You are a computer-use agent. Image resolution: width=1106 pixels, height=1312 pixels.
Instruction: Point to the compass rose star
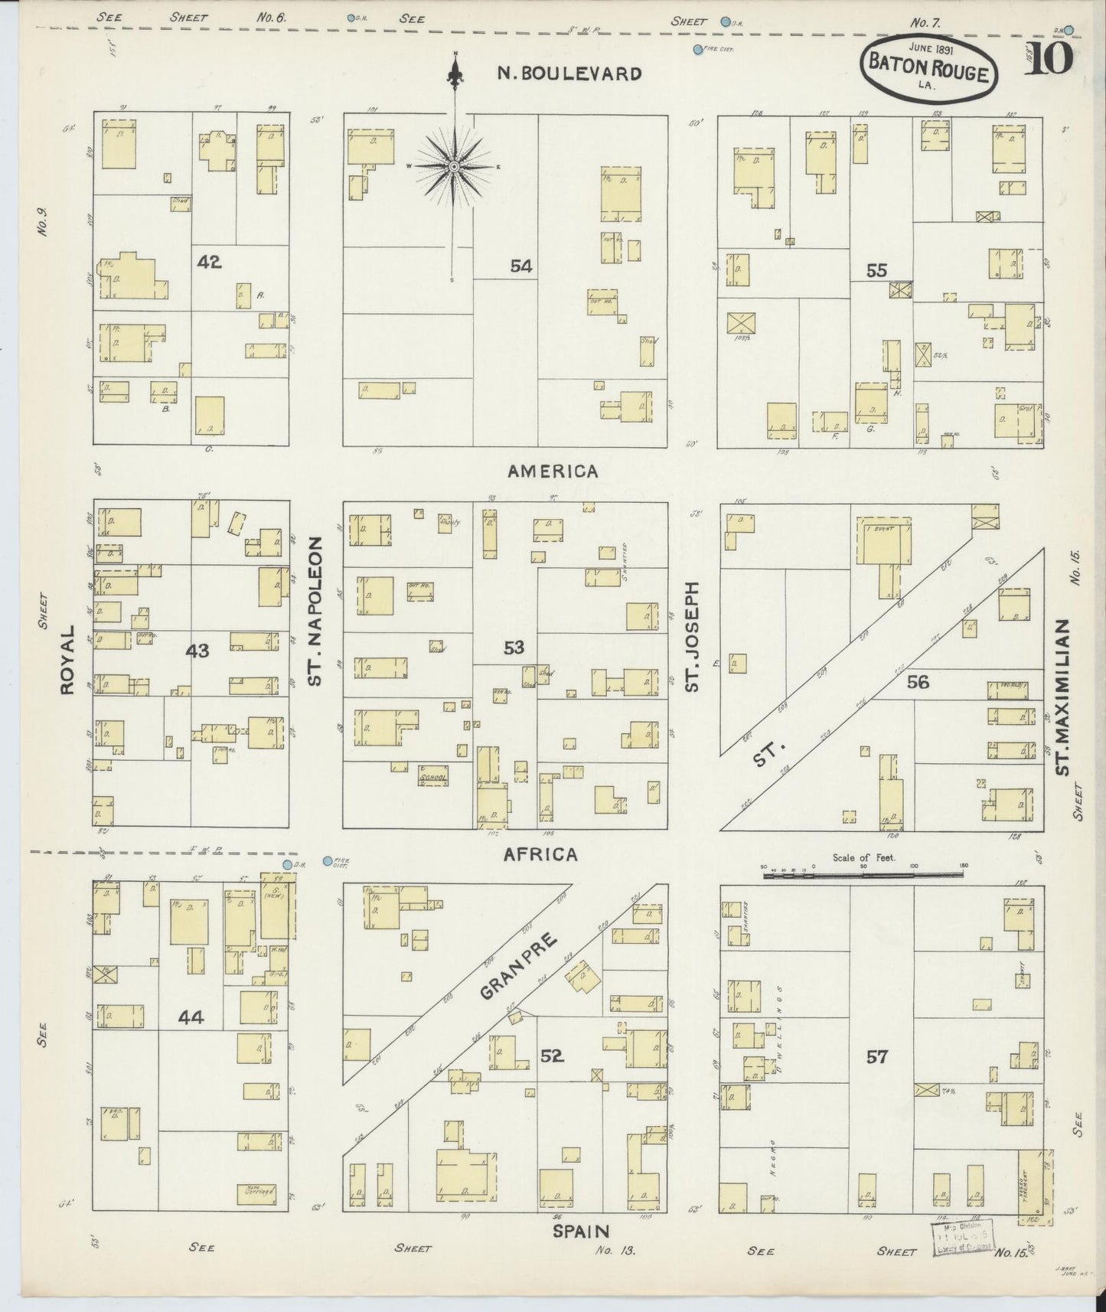click(454, 166)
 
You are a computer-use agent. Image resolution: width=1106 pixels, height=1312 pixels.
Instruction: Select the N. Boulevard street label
click(569, 73)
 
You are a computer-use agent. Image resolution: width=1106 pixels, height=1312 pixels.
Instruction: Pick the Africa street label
click(540, 854)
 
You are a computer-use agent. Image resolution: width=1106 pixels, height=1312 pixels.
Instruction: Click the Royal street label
click(67, 660)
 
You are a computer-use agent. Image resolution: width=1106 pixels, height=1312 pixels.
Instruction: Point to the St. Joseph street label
click(692, 635)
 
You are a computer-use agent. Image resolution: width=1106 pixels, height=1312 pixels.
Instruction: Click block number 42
click(209, 262)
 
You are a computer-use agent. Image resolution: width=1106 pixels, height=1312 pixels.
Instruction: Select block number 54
click(521, 266)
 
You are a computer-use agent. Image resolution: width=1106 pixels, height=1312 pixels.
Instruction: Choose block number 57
click(876, 1057)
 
